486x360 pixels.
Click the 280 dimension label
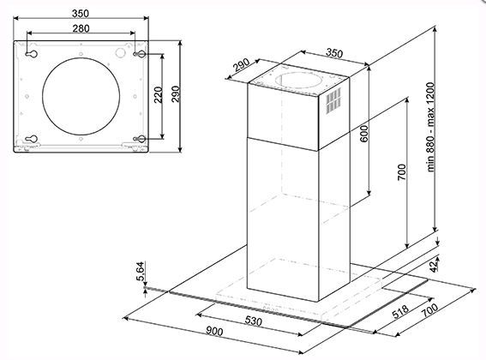(x=81, y=28)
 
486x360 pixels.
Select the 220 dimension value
(x=159, y=95)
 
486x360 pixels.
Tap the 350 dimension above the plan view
(x=81, y=14)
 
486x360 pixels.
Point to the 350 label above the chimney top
(x=334, y=53)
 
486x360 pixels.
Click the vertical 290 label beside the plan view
(x=176, y=94)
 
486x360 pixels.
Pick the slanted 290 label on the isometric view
(x=241, y=65)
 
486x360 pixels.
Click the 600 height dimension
(x=364, y=134)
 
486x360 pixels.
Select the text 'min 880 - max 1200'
(x=430, y=127)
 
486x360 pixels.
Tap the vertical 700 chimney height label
(x=401, y=172)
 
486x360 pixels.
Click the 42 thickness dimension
(x=435, y=267)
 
